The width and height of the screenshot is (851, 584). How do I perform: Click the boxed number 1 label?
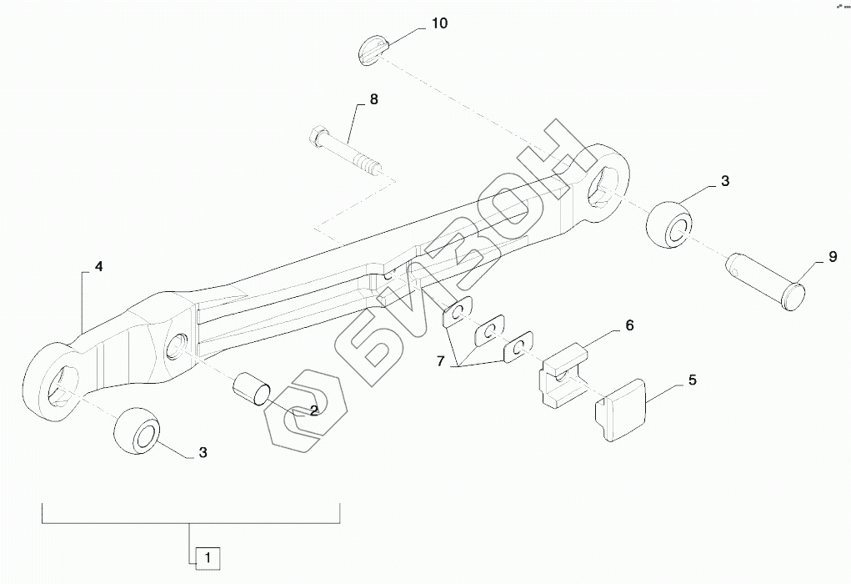coord(208,556)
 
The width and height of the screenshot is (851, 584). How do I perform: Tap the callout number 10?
coord(438,23)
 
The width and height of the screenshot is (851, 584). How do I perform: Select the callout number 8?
coord(373,99)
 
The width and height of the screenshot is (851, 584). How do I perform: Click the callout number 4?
coord(98,267)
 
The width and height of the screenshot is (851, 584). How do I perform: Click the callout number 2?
coord(313,410)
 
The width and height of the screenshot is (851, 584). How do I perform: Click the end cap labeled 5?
coord(624,408)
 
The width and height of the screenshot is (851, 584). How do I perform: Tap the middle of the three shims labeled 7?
coord(491,332)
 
